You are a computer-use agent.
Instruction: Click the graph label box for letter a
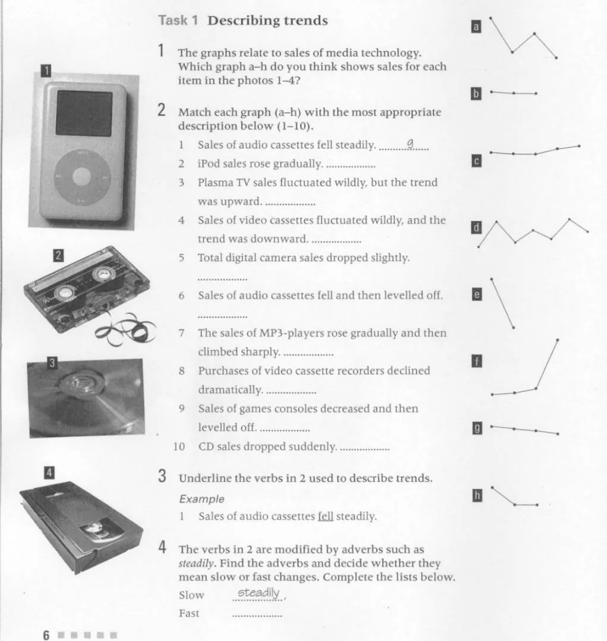[475, 26]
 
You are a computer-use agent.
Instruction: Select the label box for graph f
[475, 361]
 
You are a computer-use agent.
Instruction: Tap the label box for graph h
[476, 495]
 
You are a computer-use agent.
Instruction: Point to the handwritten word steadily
[258, 593]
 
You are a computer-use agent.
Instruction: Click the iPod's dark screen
[84, 113]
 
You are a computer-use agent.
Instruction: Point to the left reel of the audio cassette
[65, 292]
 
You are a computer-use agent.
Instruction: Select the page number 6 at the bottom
[46, 634]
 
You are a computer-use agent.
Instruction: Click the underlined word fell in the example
[325, 516]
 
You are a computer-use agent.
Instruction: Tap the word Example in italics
[202, 499]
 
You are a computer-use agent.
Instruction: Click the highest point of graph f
[557, 339]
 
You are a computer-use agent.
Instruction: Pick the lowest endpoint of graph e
[514, 328]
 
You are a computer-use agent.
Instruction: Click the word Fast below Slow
[189, 613]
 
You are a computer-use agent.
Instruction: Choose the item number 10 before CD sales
[179, 446]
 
